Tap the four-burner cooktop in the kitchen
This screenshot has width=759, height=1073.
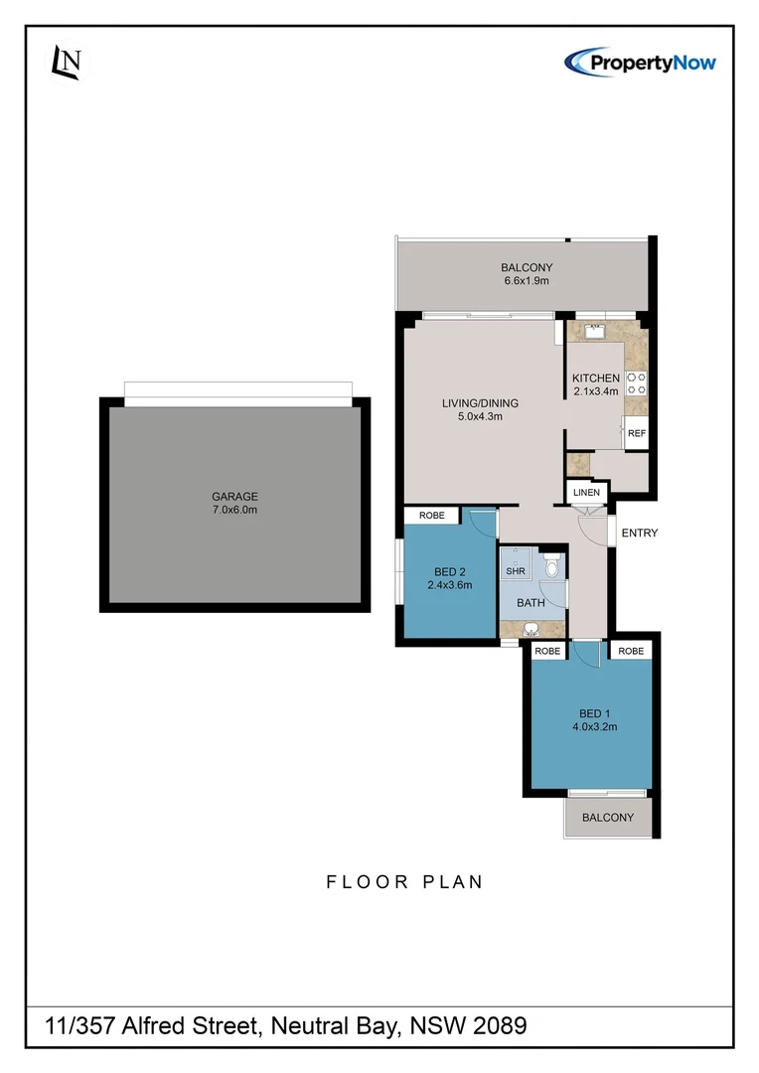pos(636,383)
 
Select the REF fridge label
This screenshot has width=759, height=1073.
pos(636,433)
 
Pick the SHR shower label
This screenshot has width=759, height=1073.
pos(515,571)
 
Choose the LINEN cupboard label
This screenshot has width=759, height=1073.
pos(586,493)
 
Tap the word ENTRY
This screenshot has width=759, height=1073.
pos(639,534)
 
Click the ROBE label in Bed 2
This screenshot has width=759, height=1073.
pos(431,516)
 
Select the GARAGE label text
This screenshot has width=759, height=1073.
pos(234,497)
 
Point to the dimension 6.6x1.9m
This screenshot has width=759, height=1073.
pos(527,281)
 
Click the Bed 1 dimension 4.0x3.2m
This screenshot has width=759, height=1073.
pos(594,726)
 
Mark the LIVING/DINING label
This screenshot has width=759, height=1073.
pos(481,403)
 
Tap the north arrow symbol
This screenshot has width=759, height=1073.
pos(68,64)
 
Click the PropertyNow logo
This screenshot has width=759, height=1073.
pos(640,62)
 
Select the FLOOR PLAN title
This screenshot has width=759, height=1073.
pos(404,881)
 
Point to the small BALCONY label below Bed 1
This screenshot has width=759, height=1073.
pos(607,818)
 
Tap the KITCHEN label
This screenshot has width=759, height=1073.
pos(596,379)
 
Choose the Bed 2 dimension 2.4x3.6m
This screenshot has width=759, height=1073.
pos(450,585)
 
